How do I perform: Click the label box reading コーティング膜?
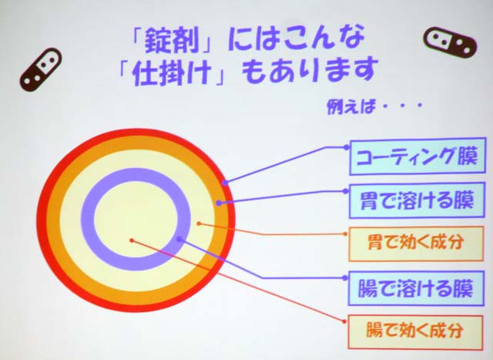click(x=418, y=156)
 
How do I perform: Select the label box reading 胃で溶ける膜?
click(x=417, y=200)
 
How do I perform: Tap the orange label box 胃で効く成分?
click(x=416, y=244)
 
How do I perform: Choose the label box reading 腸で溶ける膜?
click(x=416, y=288)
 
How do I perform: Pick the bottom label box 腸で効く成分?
click(x=415, y=332)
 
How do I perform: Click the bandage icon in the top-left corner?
click(x=41, y=69)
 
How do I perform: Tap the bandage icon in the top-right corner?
click(x=450, y=43)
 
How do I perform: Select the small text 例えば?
click(x=351, y=107)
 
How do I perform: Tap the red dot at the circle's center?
click(x=132, y=241)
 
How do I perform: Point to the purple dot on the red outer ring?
click(x=224, y=183)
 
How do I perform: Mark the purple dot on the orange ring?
click(x=219, y=204)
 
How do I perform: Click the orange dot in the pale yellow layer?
click(x=199, y=224)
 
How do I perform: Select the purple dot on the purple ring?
click(x=179, y=239)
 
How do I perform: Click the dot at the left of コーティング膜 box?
click(x=346, y=147)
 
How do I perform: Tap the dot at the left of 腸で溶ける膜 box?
click(x=346, y=278)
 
